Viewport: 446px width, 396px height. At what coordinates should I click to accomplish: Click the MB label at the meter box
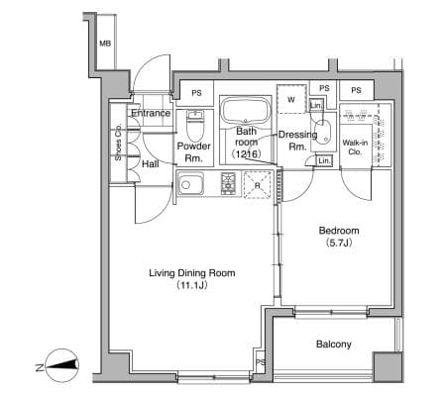pos(105,44)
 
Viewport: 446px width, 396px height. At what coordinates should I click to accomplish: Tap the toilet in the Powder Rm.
pos(195,126)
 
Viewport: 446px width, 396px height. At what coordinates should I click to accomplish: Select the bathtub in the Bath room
pos(246,110)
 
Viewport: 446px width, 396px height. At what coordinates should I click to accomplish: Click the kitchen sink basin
pos(189,185)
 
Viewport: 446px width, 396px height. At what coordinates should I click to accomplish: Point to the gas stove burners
pos(228,183)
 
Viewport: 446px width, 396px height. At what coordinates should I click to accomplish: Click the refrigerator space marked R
pos(258,185)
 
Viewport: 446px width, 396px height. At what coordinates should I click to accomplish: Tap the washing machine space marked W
pos(291,99)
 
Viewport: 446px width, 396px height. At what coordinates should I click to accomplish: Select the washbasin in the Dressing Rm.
pos(322,132)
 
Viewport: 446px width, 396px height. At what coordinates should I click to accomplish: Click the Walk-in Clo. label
pos(355,148)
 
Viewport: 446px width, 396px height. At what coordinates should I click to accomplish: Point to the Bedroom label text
pos(339,231)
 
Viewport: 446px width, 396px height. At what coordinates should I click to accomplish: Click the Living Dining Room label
pos(192,273)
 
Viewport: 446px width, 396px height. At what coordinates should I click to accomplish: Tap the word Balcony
pos(334,345)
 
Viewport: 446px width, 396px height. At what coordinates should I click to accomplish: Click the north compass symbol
pos(61,365)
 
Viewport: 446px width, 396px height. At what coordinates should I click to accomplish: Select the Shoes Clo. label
pos(118,143)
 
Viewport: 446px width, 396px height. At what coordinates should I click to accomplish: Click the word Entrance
pos(151,113)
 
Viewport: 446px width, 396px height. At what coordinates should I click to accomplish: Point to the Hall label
pos(151,164)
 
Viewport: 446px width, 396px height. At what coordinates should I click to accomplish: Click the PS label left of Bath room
pos(196,93)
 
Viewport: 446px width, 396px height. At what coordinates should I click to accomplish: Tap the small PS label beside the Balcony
pos(261,362)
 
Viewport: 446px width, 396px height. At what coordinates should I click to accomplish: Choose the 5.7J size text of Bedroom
pos(339,244)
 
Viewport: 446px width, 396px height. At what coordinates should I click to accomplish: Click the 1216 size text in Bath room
pos(247,153)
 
